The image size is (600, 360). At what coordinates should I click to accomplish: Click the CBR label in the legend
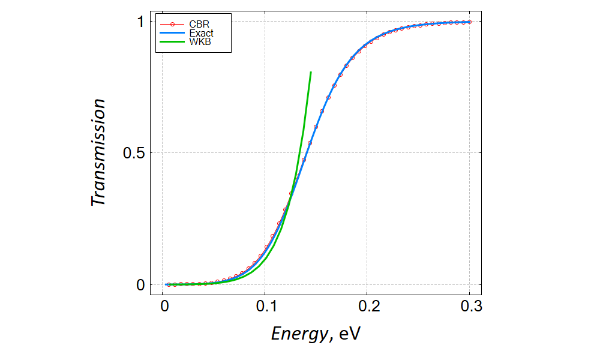point(200,25)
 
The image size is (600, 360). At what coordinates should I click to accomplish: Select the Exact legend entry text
point(201,34)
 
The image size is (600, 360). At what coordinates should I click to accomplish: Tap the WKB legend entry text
point(199,43)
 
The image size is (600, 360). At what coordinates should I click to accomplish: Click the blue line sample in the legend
point(172,34)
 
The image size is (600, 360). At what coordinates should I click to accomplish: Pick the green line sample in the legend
point(172,43)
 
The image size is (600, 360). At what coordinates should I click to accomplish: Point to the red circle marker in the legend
point(172,25)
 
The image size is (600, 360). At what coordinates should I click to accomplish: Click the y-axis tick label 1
point(140,22)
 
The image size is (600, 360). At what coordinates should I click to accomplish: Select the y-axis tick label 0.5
point(134,153)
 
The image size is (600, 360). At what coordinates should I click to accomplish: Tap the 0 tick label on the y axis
point(140,284)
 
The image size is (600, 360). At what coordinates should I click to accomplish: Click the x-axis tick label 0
point(164,307)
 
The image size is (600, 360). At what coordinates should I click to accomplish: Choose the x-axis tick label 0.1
point(266,307)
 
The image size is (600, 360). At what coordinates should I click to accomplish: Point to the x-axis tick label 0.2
point(368,307)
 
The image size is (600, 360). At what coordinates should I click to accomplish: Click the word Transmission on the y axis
point(98,153)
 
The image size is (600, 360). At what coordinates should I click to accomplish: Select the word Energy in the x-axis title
point(298,333)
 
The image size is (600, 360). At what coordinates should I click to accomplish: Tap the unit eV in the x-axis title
point(349,333)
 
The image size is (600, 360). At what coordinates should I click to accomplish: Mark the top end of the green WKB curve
point(311,73)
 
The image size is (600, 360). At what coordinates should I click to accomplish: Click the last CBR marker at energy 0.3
point(469,22)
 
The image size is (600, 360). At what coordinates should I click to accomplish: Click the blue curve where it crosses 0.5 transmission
point(307,153)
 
